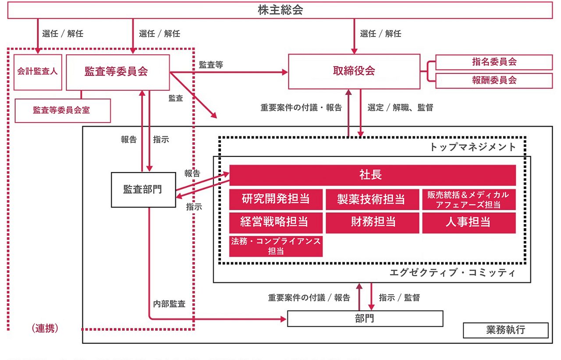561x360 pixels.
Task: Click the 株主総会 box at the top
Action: coord(280,11)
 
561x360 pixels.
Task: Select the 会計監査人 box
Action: coord(38,72)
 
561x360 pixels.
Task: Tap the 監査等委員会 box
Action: coord(117,72)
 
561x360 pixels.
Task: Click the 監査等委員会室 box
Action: coord(63,110)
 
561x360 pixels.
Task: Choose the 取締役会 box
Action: coord(354,71)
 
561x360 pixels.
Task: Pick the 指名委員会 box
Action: coord(494,62)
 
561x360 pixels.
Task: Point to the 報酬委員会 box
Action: coord(494,80)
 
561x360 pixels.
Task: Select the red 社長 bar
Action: coord(372,175)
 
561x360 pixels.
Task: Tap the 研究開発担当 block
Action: coord(276,199)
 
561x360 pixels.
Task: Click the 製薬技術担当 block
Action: coord(372,199)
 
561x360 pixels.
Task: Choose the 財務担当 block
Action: coord(372,222)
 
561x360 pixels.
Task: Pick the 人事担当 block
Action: coord(469,222)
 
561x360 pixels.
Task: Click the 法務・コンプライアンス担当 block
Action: coord(276,246)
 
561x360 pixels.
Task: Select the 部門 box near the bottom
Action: coord(365,318)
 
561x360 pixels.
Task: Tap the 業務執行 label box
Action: coord(505,330)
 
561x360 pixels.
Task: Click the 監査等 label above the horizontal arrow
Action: coord(211,65)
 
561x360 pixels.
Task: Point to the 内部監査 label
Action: coord(169,304)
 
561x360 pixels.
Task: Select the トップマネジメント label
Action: coord(473,147)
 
